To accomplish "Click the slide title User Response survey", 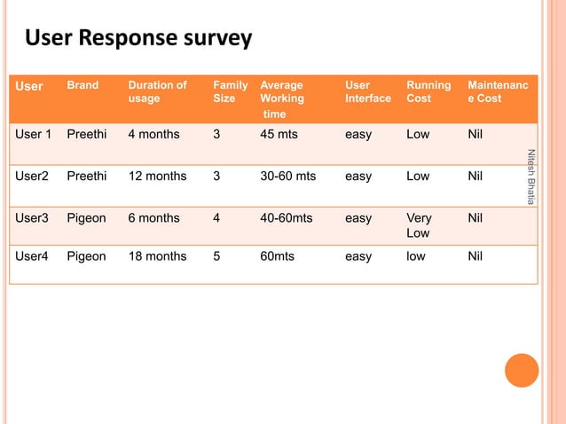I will coord(138,39).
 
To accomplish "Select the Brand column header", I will coord(83,86).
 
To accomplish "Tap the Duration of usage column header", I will coord(157,92).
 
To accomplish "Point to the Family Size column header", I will coord(230,92).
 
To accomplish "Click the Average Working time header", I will coord(281,99).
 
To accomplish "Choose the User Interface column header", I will coord(367,92).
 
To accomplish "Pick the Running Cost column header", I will coord(428,92).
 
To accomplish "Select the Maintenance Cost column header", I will coord(498,92).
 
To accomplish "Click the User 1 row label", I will coord(34,135).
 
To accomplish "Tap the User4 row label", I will coord(32,256).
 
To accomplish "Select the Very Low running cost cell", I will coord(418,225).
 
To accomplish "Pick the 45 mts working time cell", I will coord(279,135).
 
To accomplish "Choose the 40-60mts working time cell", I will coord(286,218).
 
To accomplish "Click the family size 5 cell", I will coord(217,256).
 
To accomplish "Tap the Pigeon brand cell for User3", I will coord(86,218).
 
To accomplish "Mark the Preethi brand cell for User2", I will coord(86,177).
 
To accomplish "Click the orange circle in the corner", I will coord(523,371).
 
